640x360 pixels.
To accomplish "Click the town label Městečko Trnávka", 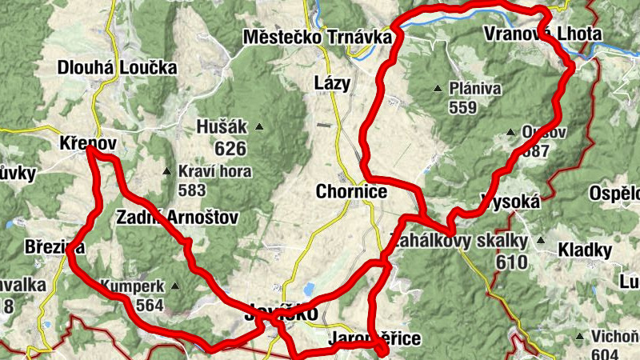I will (318, 37).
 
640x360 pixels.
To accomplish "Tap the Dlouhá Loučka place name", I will (117, 68).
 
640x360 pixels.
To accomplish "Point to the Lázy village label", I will (332, 83).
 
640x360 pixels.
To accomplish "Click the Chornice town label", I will (351, 192).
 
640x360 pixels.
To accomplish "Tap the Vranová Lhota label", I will (542, 34).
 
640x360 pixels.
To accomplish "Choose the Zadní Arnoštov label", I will (177, 218).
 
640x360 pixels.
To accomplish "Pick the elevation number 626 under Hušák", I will (230, 147).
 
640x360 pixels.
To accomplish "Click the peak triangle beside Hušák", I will (259, 126).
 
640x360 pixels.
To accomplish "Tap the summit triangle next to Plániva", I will (438, 88).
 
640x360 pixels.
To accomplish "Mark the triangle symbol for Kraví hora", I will (166, 171).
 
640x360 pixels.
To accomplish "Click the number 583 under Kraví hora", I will (193, 190).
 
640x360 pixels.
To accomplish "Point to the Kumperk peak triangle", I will (174, 286).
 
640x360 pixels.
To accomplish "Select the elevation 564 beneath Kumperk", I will (149, 305).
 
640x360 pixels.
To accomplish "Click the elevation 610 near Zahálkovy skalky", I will (512, 262).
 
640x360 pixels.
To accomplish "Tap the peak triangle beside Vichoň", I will (577, 336).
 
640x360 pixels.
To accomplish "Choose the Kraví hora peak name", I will (215, 171).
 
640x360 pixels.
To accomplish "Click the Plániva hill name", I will (475, 88).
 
